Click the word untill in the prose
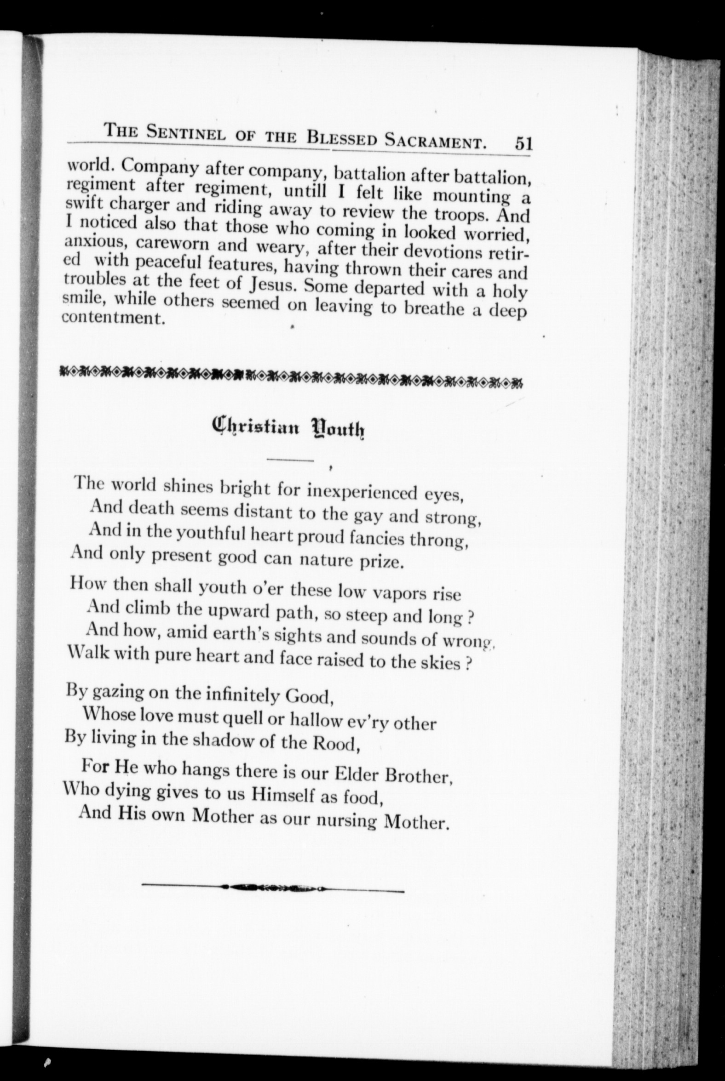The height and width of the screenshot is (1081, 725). coord(307,191)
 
